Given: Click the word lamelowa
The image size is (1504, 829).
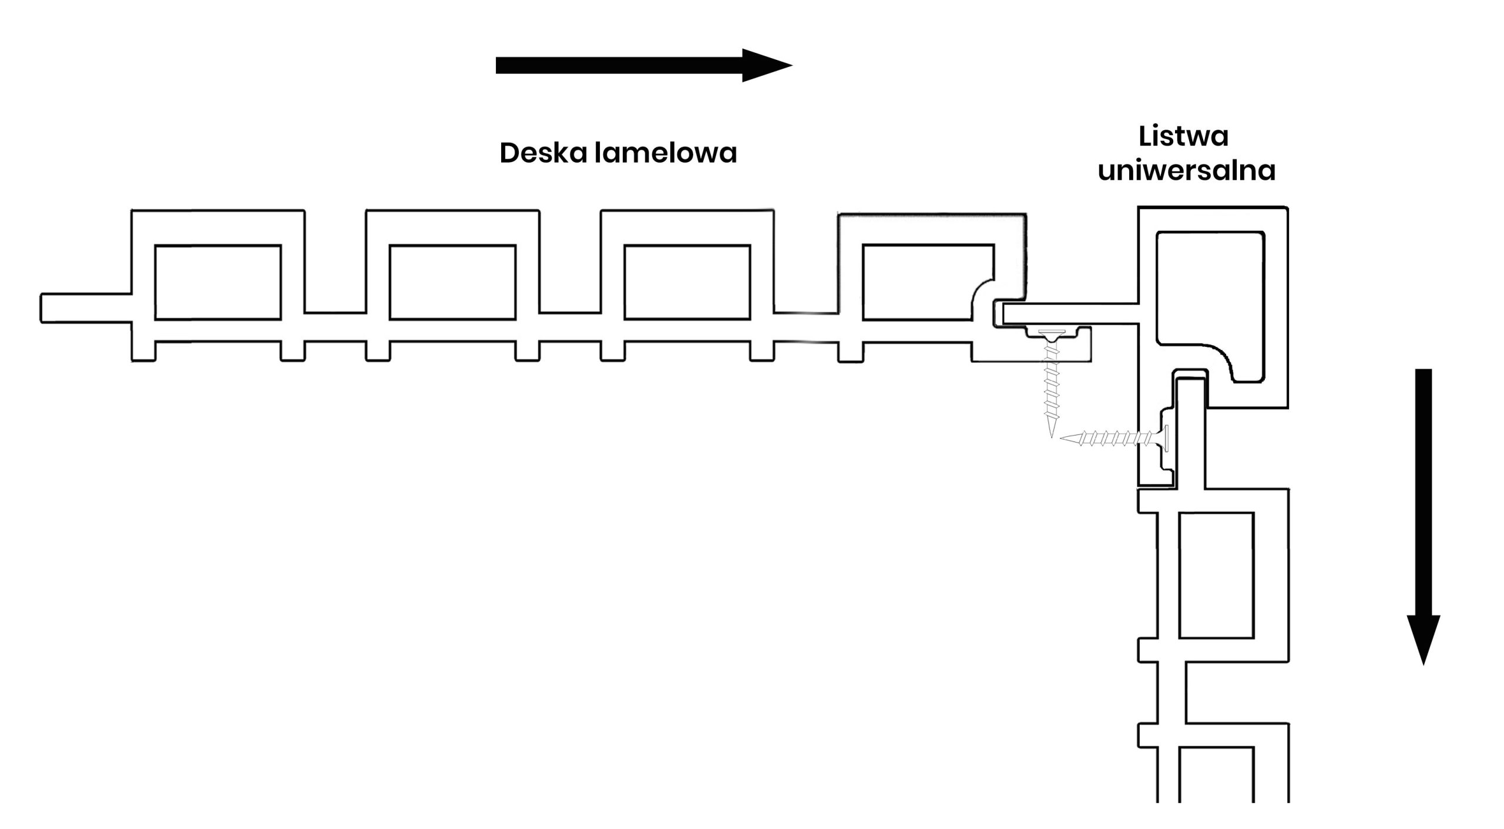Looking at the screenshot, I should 666,153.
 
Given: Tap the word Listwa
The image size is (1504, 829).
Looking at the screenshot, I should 1183,136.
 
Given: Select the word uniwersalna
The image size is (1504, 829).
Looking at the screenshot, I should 1186,171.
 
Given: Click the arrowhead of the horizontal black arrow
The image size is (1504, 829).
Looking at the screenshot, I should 766,65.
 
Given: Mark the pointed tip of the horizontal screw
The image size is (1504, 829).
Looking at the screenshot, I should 1062,437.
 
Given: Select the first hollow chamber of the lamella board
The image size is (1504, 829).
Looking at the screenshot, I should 218,282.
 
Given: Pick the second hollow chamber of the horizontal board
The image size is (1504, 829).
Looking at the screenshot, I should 452,282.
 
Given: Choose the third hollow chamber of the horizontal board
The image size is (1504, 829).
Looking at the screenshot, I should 687,282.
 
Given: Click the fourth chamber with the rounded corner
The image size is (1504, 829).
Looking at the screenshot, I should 922,282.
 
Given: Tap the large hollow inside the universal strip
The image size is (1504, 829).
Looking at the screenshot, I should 1210,294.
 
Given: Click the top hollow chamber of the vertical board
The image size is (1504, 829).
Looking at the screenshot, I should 1216,575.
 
